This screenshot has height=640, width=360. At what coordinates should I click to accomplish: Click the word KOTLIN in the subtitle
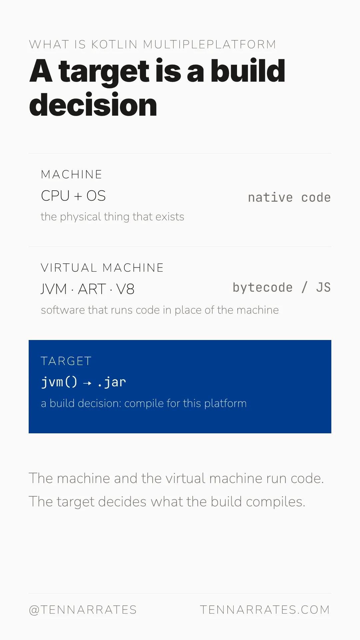tap(114, 44)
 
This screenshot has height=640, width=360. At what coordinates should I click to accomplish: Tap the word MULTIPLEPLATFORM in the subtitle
tap(210, 44)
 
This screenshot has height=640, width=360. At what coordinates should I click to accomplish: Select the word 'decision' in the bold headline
tap(93, 105)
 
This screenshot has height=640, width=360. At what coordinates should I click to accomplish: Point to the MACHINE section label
tap(71, 174)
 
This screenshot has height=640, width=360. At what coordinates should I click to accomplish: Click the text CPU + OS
tap(73, 196)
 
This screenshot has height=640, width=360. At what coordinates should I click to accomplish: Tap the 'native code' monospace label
tap(289, 197)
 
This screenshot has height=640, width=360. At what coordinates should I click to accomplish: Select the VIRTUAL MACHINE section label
tap(102, 268)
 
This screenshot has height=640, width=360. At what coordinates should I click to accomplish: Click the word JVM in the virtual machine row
tap(54, 289)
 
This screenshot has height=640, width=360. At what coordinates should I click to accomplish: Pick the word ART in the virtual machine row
tap(92, 289)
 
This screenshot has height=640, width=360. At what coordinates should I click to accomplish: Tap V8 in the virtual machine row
tap(125, 289)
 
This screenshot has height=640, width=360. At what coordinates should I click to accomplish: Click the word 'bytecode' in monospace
tap(263, 288)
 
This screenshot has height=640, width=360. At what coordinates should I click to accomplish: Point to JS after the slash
tap(323, 287)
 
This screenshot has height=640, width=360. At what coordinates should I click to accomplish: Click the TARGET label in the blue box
tap(66, 361)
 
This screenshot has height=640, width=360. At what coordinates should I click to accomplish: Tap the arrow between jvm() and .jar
tap(87, 383)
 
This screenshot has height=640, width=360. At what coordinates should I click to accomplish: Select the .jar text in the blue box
tap(112, 382)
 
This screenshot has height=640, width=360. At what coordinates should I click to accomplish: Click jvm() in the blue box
tap(59, 382)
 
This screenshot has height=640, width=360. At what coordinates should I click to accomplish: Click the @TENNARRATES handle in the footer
tap(83, 610)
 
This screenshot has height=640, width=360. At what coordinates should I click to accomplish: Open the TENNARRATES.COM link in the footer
tap(265, 610)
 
